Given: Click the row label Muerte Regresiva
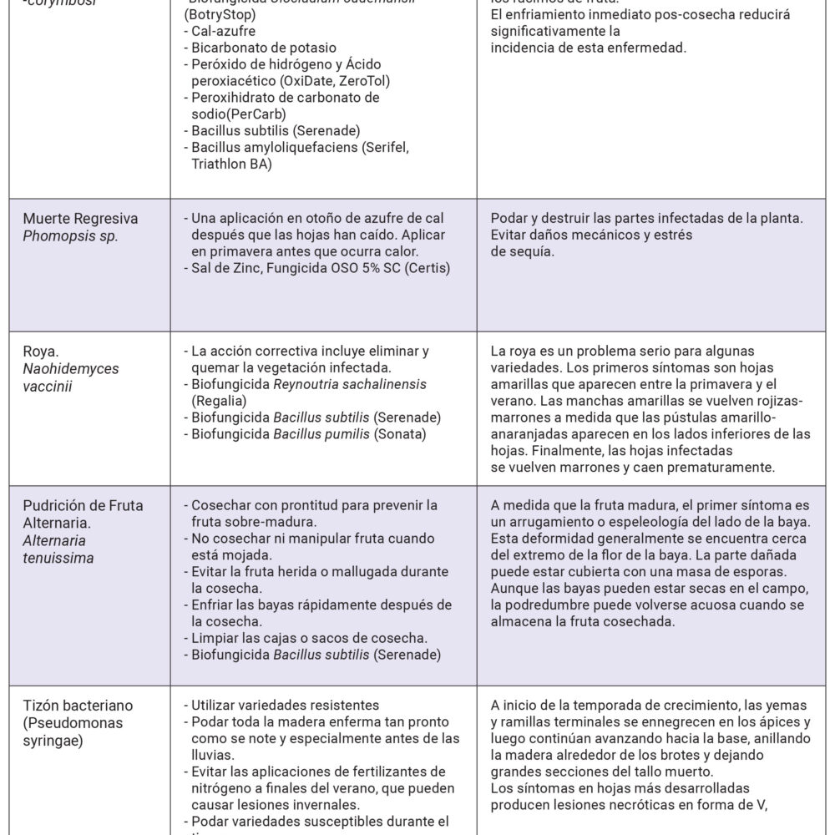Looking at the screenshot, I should [x=80, y=219].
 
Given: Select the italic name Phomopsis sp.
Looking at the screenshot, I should [x=70, y=235].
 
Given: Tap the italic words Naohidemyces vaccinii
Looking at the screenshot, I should [x=59, y=376].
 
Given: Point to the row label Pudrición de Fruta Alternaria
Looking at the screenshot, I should [x=83, y=514].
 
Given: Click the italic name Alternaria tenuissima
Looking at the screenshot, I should [x=58, y=549].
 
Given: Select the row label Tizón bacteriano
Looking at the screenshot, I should [x=78, y=706].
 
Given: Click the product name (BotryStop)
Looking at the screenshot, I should [x=221, y=16].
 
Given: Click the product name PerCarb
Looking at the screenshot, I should [x=261, y=114].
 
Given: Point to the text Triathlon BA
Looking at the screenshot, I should [x=231, y=164].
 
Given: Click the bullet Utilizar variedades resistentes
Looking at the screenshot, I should [x=281, y=705].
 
